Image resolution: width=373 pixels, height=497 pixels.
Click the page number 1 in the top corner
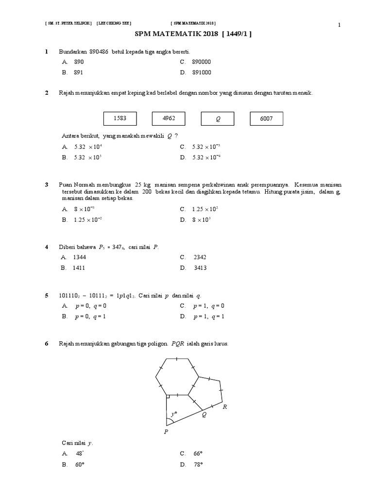point(340,25)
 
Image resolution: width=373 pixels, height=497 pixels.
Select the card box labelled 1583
point(120,118)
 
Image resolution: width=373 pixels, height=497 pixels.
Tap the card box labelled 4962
point(169,118)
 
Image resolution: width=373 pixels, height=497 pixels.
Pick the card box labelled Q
point(218,118)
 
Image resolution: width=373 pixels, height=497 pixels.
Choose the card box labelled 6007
point(266,118)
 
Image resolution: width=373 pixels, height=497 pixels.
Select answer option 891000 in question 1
point(202,73)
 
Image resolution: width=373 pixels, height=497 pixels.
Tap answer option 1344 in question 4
point(80,257)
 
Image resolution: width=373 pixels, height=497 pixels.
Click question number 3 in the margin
point(47,185)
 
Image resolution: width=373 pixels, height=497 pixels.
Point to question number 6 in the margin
point(47,344)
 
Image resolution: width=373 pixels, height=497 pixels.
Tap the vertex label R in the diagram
point(225,407)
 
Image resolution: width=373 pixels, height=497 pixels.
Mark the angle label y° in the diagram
point(173,414)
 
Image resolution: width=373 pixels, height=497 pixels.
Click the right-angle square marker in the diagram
point(167,398)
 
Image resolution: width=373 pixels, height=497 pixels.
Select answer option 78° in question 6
point(198,464)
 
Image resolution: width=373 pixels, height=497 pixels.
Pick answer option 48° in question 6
point(80,454)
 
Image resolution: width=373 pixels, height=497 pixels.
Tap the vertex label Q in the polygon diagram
point(204,415)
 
